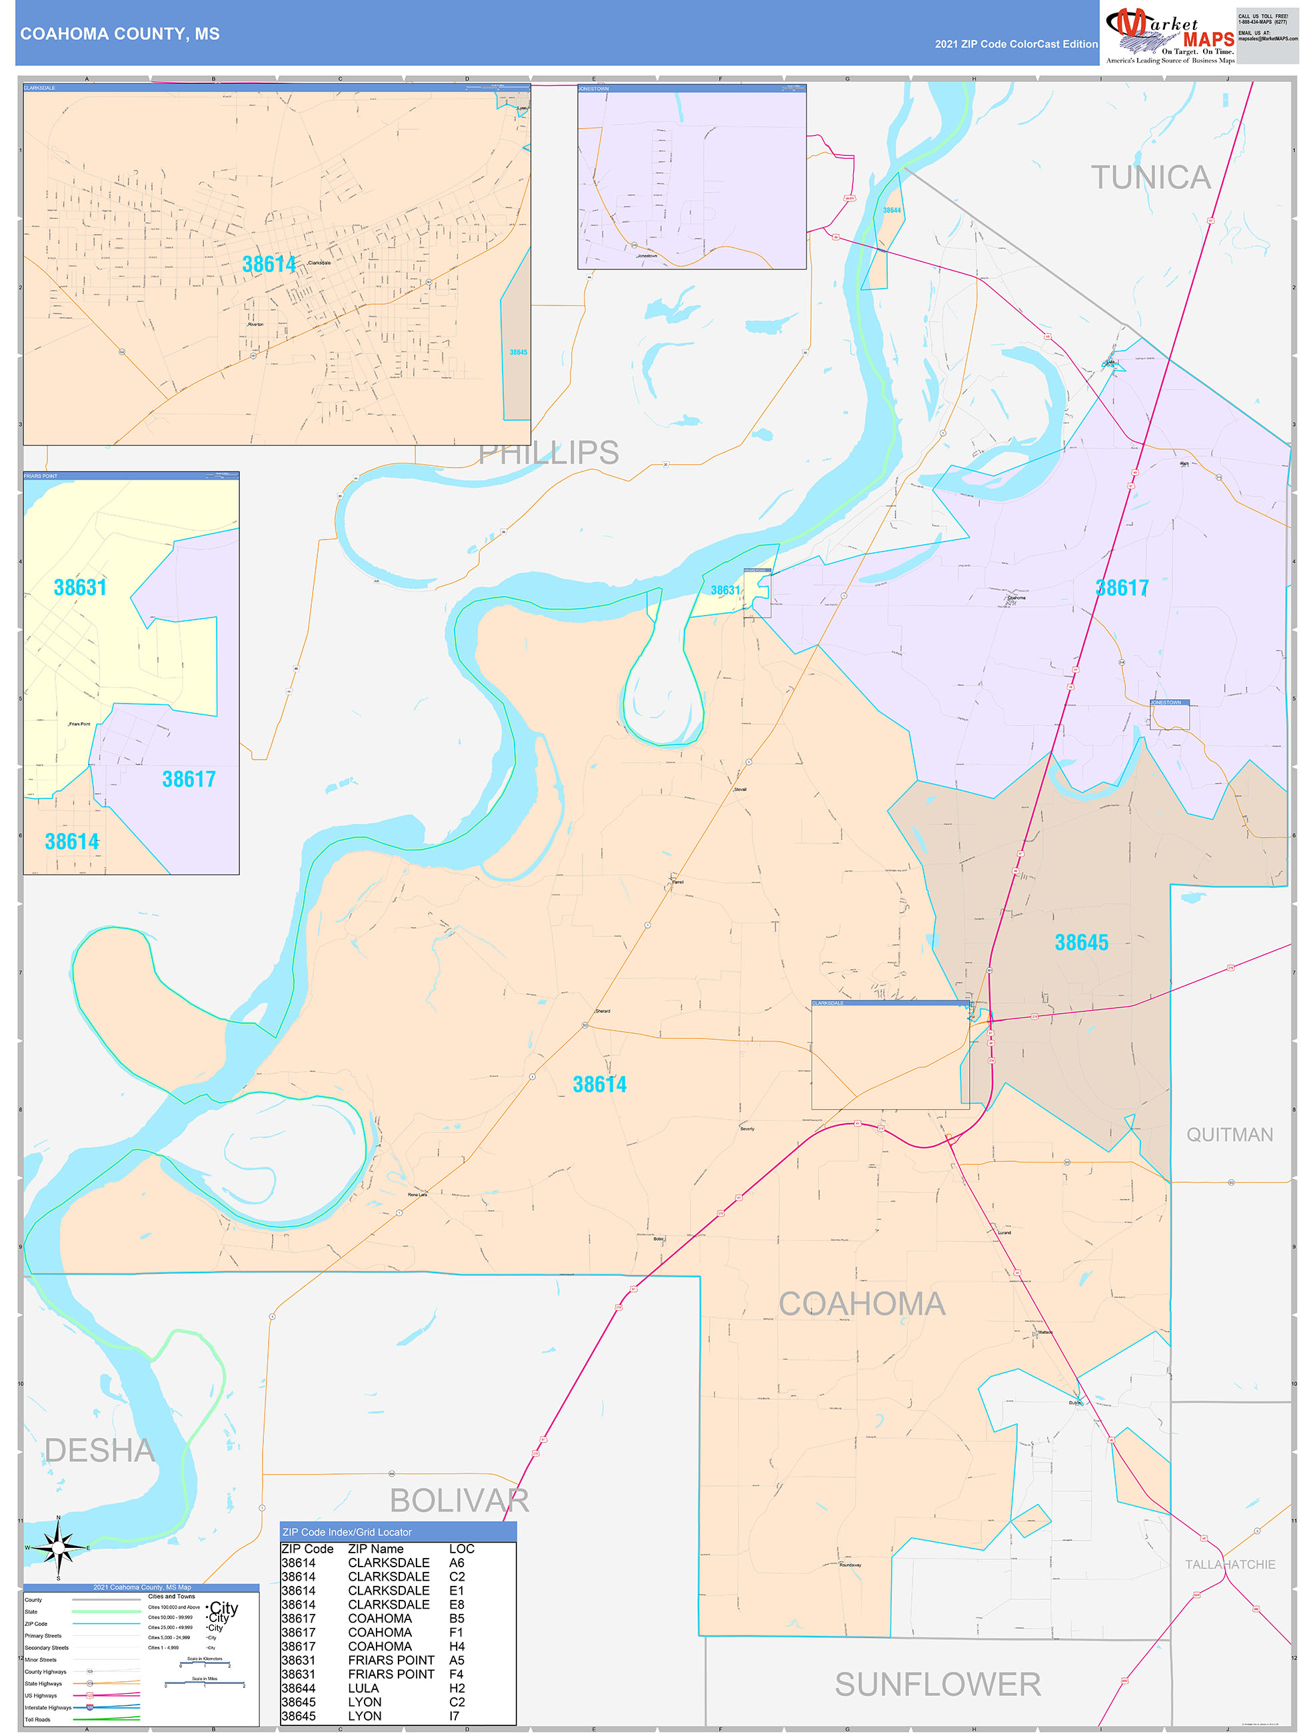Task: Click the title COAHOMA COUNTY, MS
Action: coord(120,34)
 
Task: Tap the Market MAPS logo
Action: coord(1169,35)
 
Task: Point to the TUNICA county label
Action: coord(1150,178)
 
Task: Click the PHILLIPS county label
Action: coord(549,453)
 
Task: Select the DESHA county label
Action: coord(99,1451)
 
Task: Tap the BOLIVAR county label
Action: coord(459,1501)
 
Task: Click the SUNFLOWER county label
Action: coord(937,1684)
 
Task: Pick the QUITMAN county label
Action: coord(1228,1134)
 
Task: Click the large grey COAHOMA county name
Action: coord(861,1304)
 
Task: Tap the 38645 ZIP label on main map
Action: coord(1080,942)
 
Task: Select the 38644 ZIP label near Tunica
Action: coord(892,210)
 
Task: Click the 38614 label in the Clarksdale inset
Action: coord(269,264)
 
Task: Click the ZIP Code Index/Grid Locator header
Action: coord(347,1532)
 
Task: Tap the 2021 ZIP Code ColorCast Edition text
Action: coord(1016,44)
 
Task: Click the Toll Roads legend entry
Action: coord(37,1719)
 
